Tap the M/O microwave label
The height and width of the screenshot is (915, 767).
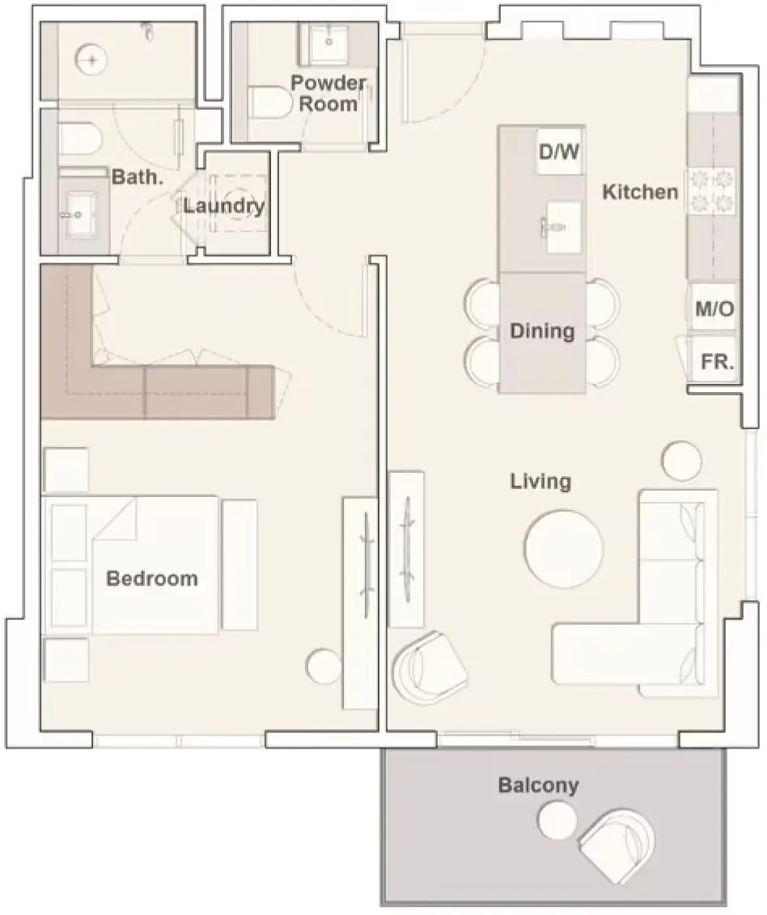click(x=714, y=309)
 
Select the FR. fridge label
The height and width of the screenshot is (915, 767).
click(x=717, y=362)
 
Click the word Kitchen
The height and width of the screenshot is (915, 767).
click(x=641, y=192)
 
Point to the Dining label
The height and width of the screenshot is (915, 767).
click(x=542, y=331)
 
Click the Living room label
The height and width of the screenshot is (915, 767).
click(x=540, y=482)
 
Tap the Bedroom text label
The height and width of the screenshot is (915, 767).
click(x=152, y=579)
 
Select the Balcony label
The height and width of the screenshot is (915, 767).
click(x=538, y=785)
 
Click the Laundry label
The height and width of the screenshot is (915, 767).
click(x=224, y=206)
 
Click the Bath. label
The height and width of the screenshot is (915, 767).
click(x=138, y=177)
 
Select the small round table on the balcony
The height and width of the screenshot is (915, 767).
click(x=557, y=821)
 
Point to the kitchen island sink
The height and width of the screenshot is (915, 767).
click(x=562, y=226)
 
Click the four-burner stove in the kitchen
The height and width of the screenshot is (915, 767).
click(x=712, y=191)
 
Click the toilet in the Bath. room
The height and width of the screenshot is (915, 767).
click(x=79, y=140)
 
